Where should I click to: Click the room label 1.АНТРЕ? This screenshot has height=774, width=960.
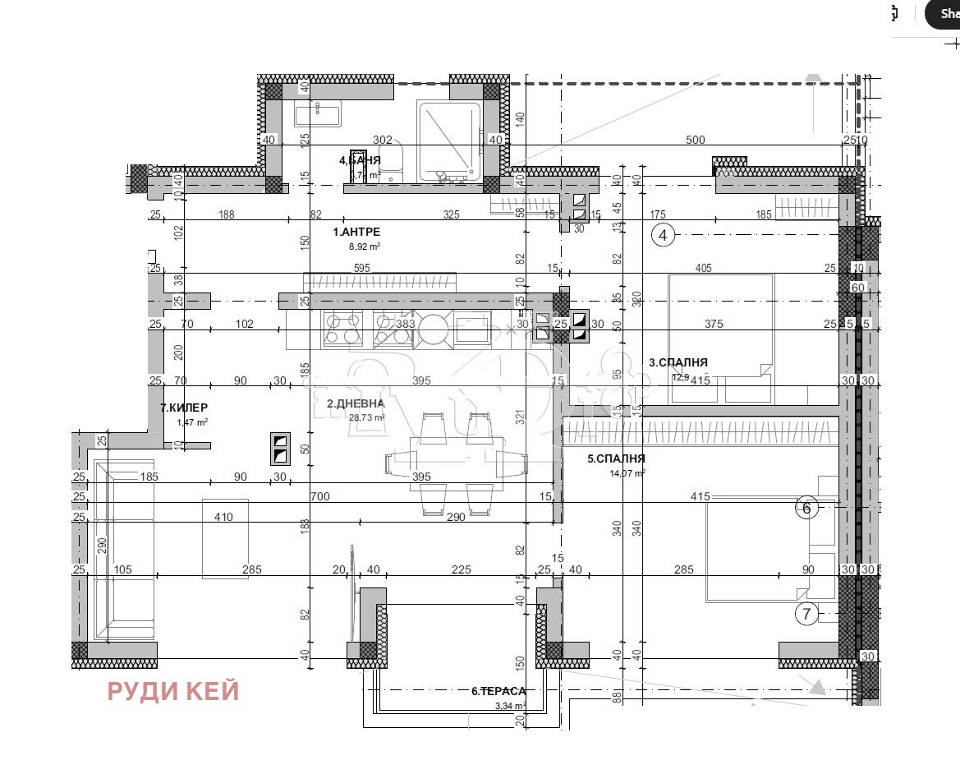pyautogui.click(x=356, y=232)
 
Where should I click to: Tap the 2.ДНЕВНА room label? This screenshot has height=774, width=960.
pyautogui.click(x=356, y=403)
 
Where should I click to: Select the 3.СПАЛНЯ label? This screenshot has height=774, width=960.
pyautogui.click(x=678, y=362)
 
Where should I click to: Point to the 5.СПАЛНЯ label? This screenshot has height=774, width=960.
pyautogui.click(x=616, y=458)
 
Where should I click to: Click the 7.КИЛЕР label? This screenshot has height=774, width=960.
pyautogui.click(x=184, y=408)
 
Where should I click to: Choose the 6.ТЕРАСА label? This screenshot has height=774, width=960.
pyautogui.click(x=498, y=691)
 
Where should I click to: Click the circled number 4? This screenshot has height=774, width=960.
pyautogui.click(x=663, y=236)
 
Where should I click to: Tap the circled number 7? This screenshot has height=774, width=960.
pyautogui.click(x=806, y=613)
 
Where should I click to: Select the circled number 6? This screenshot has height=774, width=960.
pyautogui.click(x=806, y=509)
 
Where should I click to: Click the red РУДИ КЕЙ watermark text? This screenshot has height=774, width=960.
pyautogui.click(x=173, y=691)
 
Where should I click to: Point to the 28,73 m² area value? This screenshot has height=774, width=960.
pyautogui.click(x=367, y=417)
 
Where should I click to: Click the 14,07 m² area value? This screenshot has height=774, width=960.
pyautogui.click(x=627, y=472)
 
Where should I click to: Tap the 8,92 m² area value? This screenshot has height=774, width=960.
pyautogui.click(x=365, y=246)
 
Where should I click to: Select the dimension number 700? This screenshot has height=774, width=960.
pyautogui.click(x=319, y=496)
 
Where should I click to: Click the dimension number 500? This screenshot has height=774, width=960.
pyautogui.click(x=695, y=140)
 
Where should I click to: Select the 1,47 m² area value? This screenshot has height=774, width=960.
pyautogui.click(x=192, y=422)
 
